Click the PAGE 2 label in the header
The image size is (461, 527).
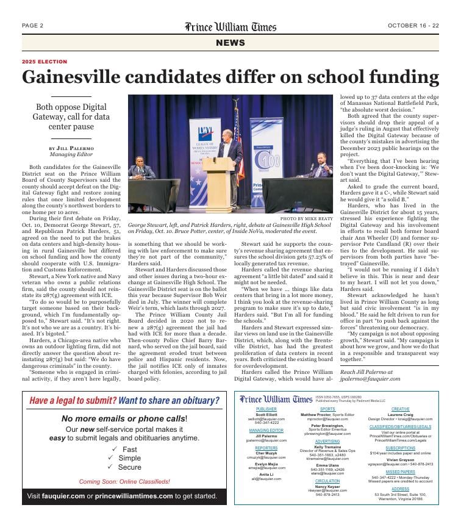click(x=32, y=26)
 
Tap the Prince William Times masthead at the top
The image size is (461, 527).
click(x=230, y=27)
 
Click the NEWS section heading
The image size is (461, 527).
click(x=230, y=42)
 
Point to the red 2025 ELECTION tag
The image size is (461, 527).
click(x=45, y=62)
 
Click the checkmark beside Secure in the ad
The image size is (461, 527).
click(x=110, y=467)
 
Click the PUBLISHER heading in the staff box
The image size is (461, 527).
click(x=266, y=409)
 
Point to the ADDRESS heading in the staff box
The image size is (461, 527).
click(x=400, y=489)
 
